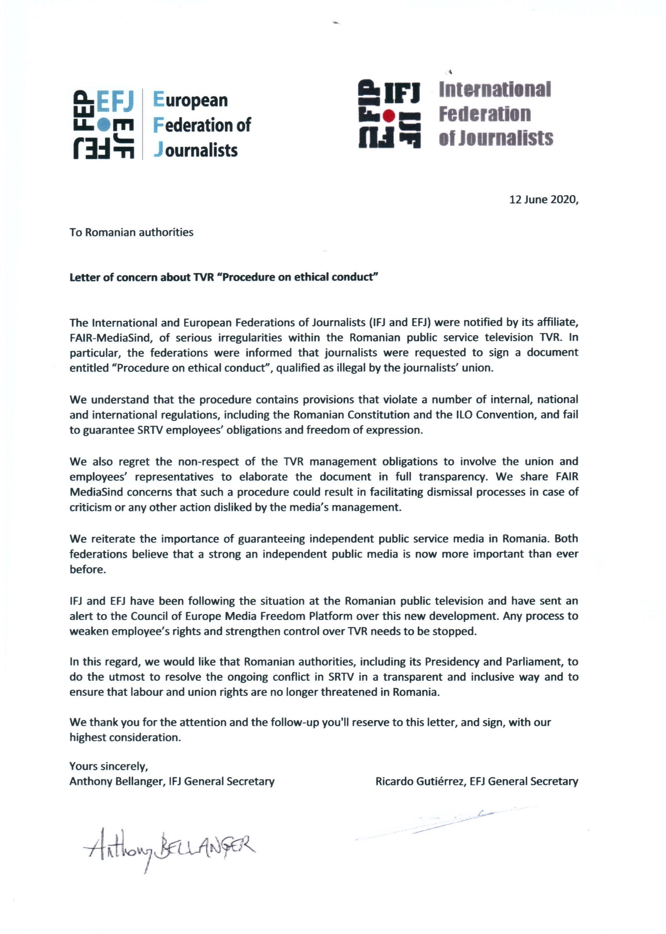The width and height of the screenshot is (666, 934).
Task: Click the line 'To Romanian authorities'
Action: [131, 232]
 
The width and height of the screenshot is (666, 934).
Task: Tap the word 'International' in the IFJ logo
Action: [494, 89]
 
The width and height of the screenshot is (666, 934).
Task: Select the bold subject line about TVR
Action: [223, 277]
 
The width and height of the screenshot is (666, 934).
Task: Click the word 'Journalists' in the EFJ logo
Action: [196, 150]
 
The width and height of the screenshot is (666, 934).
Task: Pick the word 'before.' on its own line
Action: [88, 570]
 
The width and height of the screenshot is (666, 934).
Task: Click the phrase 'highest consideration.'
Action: [125, 738]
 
